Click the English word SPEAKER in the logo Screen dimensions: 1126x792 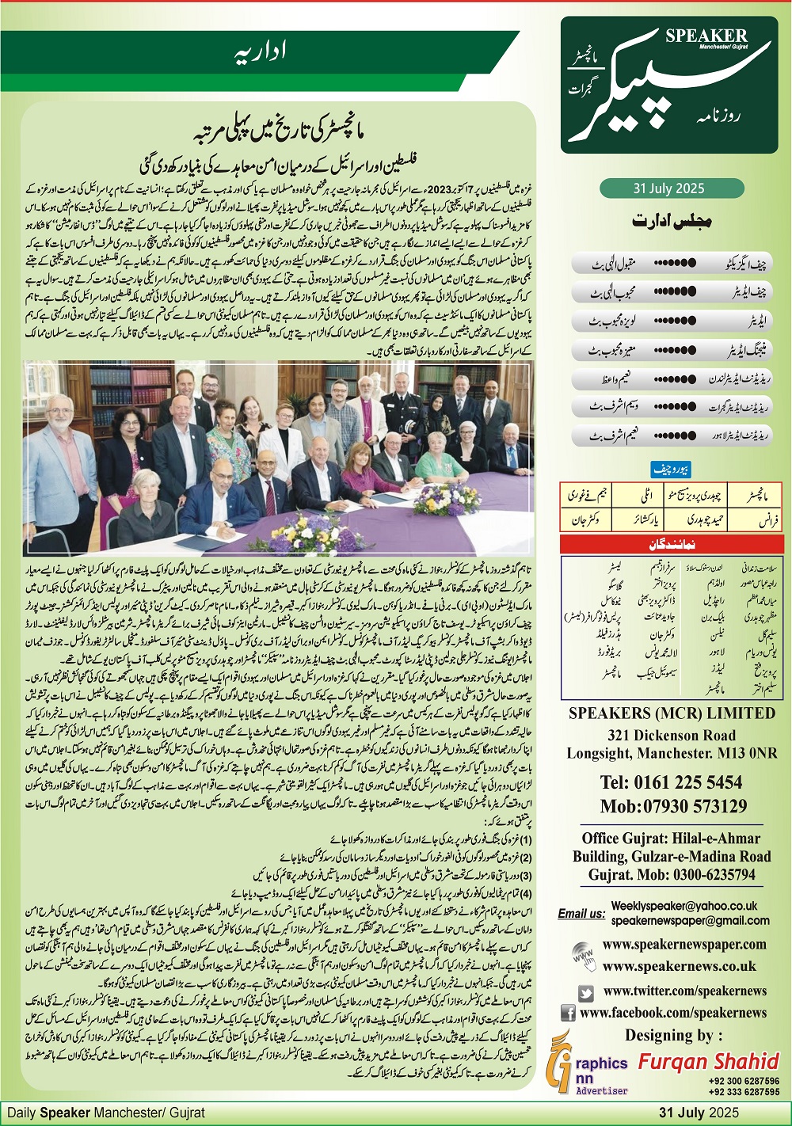706,35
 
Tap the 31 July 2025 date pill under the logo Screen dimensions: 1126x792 669,188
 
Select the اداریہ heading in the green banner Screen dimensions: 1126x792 261,54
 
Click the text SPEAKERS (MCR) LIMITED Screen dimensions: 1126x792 672,713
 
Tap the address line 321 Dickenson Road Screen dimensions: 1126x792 672,736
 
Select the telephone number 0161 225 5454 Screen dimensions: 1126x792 671,782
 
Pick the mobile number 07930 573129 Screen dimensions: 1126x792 672,806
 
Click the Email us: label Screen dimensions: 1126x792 581,913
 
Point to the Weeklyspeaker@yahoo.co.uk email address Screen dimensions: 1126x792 684,906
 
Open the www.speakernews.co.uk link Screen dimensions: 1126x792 680,966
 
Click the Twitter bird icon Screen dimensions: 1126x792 586,992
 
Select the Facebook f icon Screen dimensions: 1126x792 568,1013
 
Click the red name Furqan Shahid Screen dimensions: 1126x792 709,1061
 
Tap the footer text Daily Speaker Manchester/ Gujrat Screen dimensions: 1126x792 106,1113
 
